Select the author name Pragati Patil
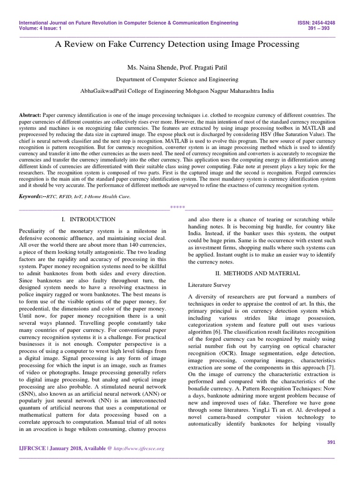click(x=212, y=68)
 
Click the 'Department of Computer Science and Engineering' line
click(x=177, y=80)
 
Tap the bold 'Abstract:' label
click(x=30, y=115)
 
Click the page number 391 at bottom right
click(x=330, y=442)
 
